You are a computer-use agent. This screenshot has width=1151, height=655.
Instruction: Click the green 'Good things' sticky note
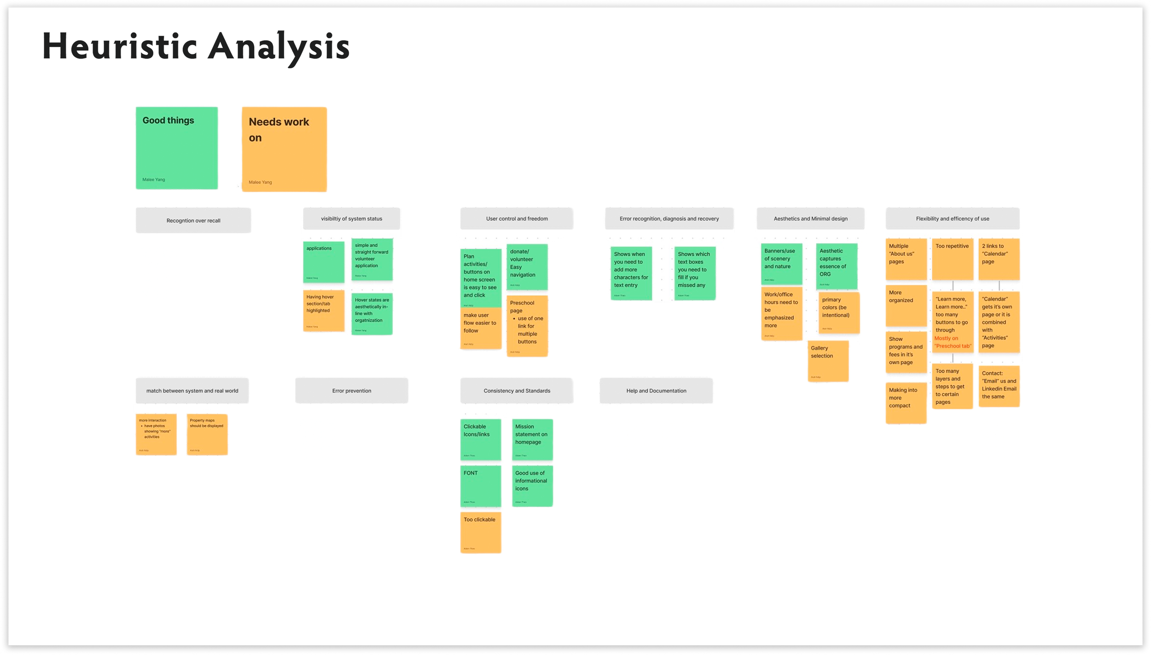[176, 148]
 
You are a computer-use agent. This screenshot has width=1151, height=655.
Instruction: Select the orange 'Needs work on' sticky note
[284, 149]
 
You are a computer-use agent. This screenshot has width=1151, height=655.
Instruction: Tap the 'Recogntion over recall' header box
[193, 221]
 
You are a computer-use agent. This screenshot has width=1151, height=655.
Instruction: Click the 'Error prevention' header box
[351, 391]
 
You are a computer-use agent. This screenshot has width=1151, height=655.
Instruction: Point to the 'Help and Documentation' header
[656, 391]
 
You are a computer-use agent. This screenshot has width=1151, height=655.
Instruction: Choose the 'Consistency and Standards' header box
[517, 391]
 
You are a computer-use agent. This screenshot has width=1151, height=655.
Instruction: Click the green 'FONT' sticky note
[480, 486]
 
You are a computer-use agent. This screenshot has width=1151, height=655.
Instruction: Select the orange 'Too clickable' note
[480, 532]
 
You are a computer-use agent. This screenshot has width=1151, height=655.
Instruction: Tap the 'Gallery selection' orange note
[828, 361]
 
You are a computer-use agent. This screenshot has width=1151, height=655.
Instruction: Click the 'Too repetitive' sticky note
[952, 259]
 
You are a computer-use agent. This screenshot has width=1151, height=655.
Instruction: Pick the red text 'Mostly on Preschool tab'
[952, 342]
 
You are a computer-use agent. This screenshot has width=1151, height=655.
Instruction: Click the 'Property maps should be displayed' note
[207, 434]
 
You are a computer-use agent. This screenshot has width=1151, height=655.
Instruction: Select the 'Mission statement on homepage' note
[532, 439]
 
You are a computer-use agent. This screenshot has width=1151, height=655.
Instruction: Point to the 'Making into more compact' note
[906, 403]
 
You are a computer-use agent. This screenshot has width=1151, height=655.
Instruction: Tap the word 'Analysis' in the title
[279, 47]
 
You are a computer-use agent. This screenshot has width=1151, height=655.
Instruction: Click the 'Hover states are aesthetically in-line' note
[372, 314]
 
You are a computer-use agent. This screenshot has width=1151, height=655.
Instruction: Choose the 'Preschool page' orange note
[527, 326]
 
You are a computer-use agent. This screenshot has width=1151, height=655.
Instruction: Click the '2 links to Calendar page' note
[999, 259]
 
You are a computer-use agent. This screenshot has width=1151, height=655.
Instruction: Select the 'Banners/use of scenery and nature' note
[781, 264]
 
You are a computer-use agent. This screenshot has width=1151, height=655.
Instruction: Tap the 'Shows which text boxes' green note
[694, 273]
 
